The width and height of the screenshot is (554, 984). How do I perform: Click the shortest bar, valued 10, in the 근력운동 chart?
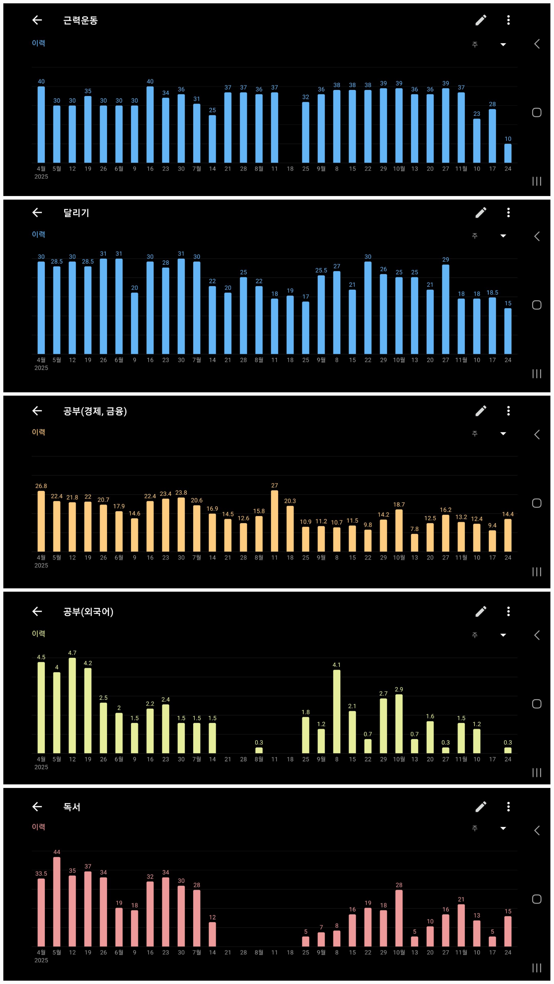tap(508, 153)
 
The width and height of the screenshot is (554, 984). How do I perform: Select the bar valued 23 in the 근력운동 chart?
tap(477, 141)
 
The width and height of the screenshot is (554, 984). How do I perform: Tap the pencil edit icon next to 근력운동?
tap(481, 20)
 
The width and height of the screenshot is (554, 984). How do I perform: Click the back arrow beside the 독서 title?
tap(37, 806)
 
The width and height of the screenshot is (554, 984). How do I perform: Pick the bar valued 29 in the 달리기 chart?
tap(446, 309)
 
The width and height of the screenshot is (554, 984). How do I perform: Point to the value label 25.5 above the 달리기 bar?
tap(321, 270)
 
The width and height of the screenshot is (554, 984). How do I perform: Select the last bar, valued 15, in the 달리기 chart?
tap(508, 331)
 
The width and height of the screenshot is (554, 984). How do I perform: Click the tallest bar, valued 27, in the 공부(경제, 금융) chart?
tap(274, 521)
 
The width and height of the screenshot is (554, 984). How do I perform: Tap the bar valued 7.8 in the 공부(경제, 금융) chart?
tap(414, 543)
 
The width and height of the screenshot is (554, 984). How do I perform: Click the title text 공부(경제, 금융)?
tap(95, 411)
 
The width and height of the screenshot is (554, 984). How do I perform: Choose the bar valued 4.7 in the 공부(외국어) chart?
tap(72, 705)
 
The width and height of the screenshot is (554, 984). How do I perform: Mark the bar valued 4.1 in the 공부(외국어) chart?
tap(337, 712)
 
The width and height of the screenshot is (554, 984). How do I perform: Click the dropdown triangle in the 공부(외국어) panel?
tap(503, 635)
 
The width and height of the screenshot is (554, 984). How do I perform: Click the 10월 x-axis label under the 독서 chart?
tap(399, 952)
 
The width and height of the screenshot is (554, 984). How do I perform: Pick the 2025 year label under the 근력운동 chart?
tap(41, 177)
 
